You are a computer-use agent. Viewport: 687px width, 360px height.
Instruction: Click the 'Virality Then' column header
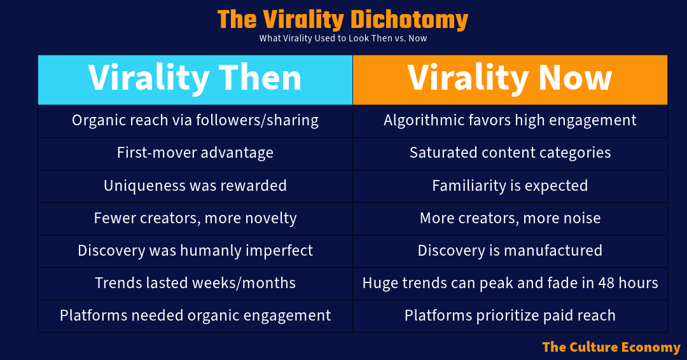point(195,79)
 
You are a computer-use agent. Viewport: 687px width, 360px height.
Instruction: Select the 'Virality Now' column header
point(510,79)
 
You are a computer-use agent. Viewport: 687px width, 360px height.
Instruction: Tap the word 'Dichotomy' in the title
point(409,20)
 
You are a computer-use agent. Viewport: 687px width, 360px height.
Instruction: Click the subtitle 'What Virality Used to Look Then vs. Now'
point(343,38)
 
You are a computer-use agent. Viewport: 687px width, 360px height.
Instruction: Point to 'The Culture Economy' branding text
point(611,347)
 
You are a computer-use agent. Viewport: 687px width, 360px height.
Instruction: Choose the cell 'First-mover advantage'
point(195,153)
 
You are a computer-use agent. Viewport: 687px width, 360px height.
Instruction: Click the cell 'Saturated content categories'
point(510,153)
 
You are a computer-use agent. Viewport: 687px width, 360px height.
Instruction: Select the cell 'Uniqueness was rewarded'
point(195,186)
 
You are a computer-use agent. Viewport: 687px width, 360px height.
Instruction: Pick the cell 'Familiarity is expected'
point(510,186)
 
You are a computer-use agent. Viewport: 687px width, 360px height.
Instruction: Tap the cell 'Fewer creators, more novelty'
point(195,218)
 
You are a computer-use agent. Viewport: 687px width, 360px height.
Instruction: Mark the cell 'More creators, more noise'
point(510,218)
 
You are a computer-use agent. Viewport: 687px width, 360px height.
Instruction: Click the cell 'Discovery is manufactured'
point(510,251)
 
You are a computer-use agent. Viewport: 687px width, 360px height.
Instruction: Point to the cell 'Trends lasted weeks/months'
point(195,283)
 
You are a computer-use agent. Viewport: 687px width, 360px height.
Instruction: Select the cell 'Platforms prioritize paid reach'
point(510,315)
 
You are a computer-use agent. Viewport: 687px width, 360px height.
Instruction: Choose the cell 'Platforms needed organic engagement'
point(195,315)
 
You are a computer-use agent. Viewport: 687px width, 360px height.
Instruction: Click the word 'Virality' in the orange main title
point(303,20)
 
